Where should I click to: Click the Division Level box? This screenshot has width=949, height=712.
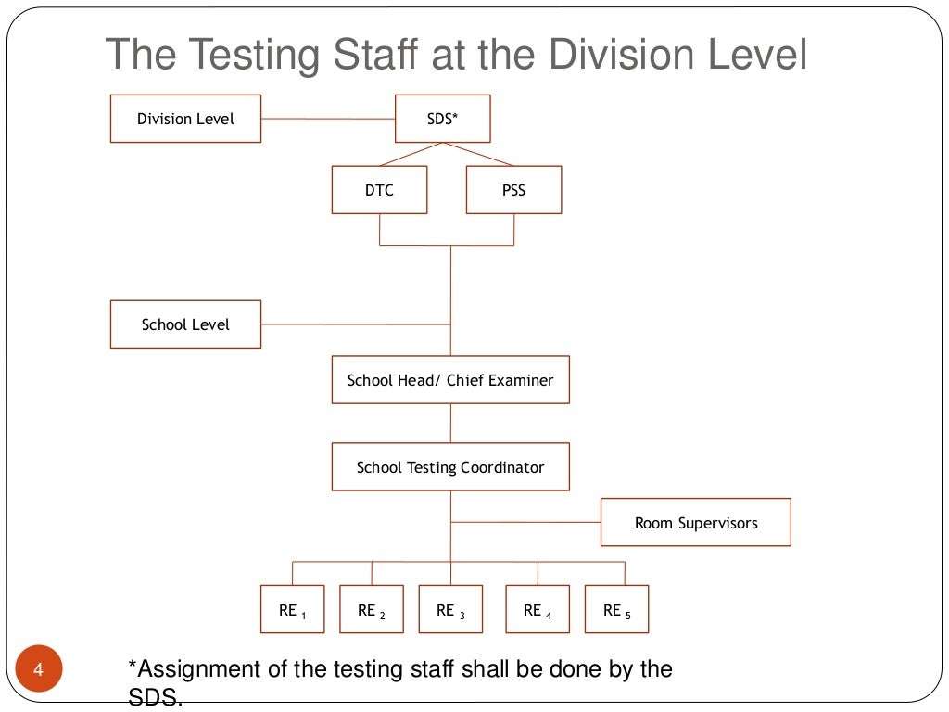185,119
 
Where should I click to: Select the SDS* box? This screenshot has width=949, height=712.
442,119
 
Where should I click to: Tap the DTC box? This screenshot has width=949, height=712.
379,190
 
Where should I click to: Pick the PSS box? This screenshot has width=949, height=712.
513,190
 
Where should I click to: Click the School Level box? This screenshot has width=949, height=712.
185,324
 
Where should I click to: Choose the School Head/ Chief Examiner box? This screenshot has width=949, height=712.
450,380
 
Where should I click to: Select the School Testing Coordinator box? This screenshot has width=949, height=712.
450,467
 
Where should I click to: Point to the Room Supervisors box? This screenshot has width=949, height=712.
695,523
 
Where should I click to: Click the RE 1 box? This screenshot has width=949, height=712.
293,609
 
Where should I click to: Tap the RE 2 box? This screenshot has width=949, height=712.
372,609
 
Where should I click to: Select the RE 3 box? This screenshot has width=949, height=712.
450,609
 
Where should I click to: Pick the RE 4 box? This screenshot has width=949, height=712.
538,609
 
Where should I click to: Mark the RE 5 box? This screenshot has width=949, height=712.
617,609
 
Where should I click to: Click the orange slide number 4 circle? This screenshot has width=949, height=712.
39,669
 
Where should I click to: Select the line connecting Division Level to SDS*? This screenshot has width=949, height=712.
328,119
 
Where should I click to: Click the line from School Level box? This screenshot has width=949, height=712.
355,324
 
